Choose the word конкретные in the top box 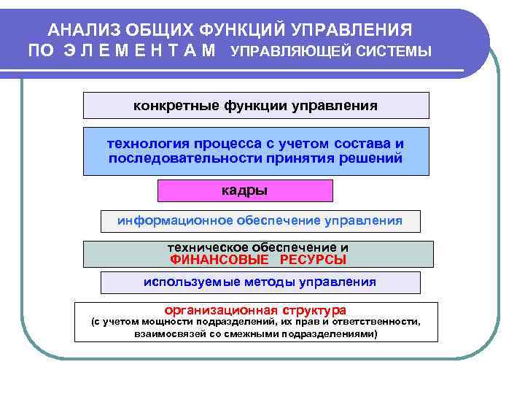pos(168,106)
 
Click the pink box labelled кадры pos(245,190)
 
